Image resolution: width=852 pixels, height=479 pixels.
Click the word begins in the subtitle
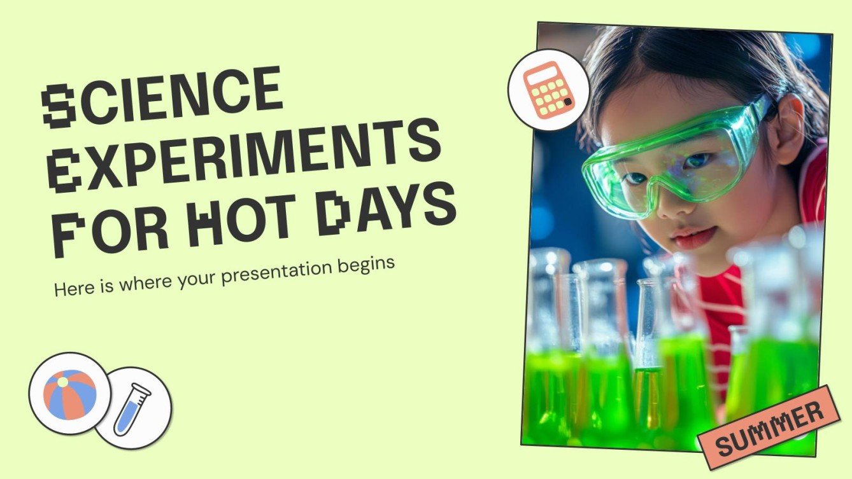click(x=370, y=262)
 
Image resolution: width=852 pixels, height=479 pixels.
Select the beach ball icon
click(x=69, y=394)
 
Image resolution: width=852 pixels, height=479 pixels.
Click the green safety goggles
click(x=675, y=156)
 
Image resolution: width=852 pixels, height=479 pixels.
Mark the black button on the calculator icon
click(x=567, y=102)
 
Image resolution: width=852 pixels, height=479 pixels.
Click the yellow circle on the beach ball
click(x=62, y=382)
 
